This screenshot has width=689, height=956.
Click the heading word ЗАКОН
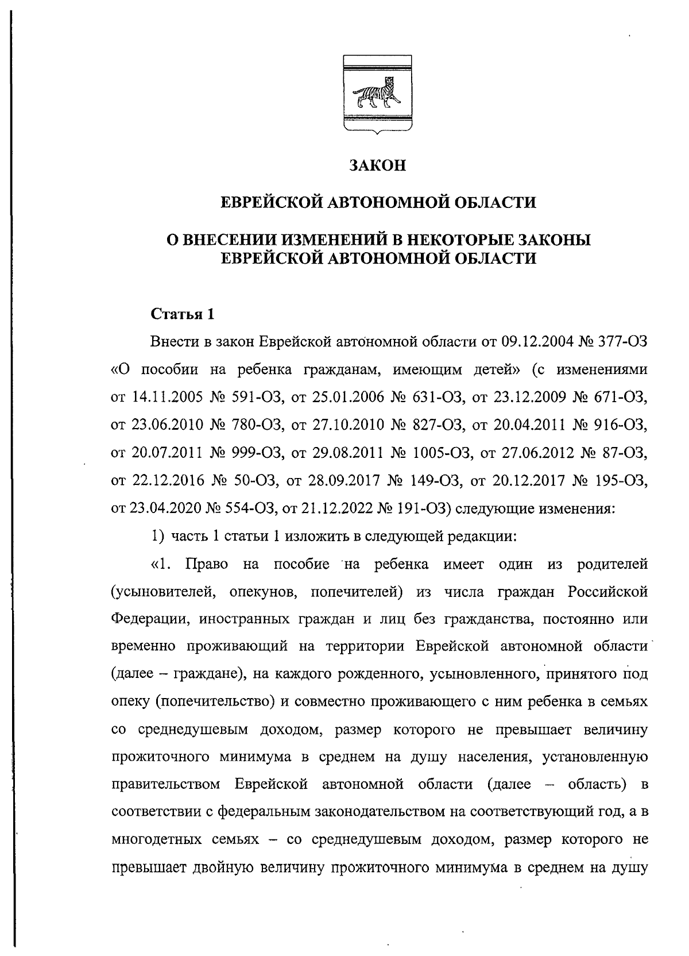click(377, 166)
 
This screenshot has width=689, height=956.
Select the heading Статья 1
click(183, 314)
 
